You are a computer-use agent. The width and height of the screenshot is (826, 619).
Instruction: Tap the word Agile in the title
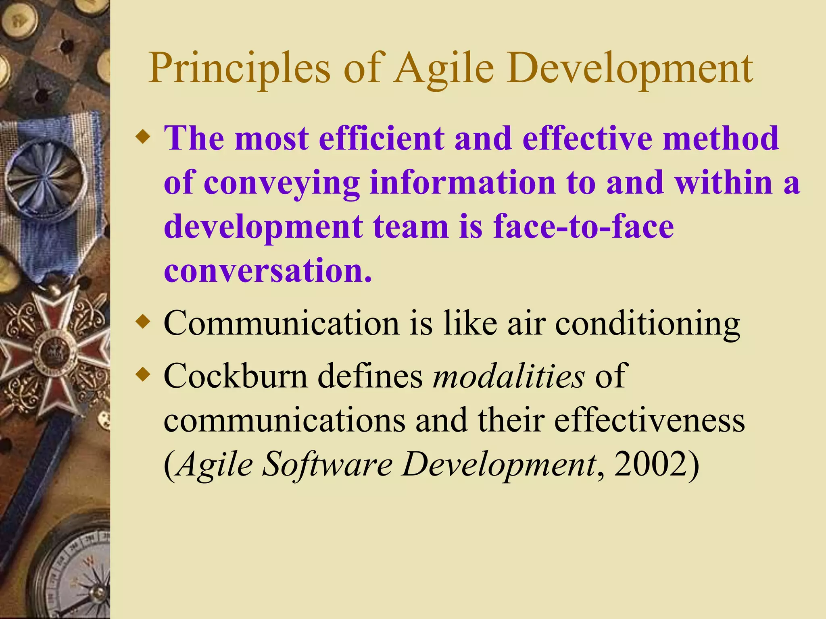[x=444, y=69]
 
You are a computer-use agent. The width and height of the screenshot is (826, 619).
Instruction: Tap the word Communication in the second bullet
[x=282, y=323]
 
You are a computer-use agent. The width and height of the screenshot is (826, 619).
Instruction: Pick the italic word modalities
[x=509, y=376]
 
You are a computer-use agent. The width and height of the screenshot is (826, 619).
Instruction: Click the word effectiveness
[x=649, y=420]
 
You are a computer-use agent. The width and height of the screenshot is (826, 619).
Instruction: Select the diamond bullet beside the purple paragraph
[x=143, y=138]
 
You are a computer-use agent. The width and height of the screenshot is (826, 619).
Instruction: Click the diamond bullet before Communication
[x=143, y=322]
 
